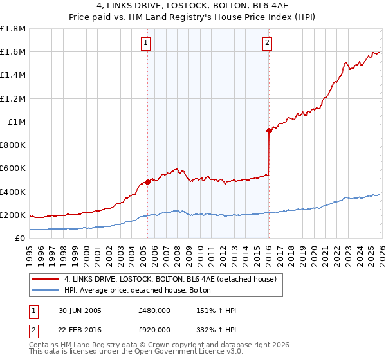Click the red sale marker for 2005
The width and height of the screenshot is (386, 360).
(147, 182)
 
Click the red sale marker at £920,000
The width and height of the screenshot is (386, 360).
(268, 130)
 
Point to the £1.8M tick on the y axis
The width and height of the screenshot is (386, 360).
(14, 29)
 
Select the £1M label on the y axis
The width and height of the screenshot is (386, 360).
(17, 122)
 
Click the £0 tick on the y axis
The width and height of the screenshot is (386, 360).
(21, 238)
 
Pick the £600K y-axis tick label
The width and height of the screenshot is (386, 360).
(14, 168)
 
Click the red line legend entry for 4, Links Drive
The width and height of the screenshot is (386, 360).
(170, 278)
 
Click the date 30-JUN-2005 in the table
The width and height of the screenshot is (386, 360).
(78, 310)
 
